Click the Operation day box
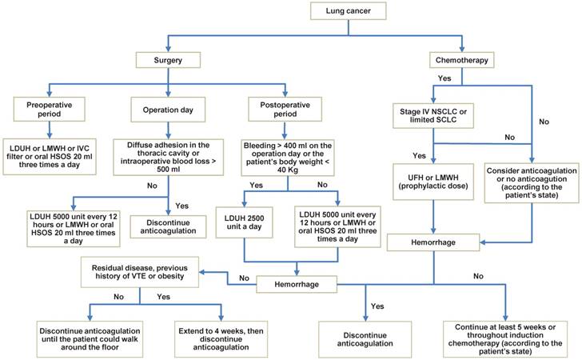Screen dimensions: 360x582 point(167,110)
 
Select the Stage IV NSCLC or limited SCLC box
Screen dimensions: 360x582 point(433,115)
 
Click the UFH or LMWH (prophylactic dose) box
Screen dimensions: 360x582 point(433,180)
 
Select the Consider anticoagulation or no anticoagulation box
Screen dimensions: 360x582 point(528,180)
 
